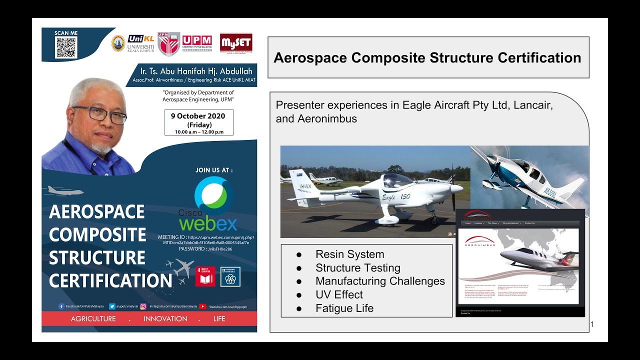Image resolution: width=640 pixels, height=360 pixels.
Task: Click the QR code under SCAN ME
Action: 66,48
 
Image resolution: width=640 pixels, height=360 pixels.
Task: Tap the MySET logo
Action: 236,42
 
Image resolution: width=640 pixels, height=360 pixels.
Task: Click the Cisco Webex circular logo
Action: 214,195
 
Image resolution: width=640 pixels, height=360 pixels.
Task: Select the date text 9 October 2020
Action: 198,116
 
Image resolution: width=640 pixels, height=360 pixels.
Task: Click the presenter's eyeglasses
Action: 100,114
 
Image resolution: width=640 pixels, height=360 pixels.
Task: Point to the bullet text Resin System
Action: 349,254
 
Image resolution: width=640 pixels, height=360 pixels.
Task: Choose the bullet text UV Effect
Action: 339,295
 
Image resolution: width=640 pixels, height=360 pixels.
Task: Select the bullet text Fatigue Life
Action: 344,308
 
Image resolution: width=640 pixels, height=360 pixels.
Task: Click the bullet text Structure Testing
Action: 357,268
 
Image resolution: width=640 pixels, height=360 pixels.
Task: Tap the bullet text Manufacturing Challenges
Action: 380,281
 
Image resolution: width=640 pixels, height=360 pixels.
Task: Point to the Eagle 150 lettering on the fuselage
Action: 396,196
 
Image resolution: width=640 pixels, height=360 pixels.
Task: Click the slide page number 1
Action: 592,325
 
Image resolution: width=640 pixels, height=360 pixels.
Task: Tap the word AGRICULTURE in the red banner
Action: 93,319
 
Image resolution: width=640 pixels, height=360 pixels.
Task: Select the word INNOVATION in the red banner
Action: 165,319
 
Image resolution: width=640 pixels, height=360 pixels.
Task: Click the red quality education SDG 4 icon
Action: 205,276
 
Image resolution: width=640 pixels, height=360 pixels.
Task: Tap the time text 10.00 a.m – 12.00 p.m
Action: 199,132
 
